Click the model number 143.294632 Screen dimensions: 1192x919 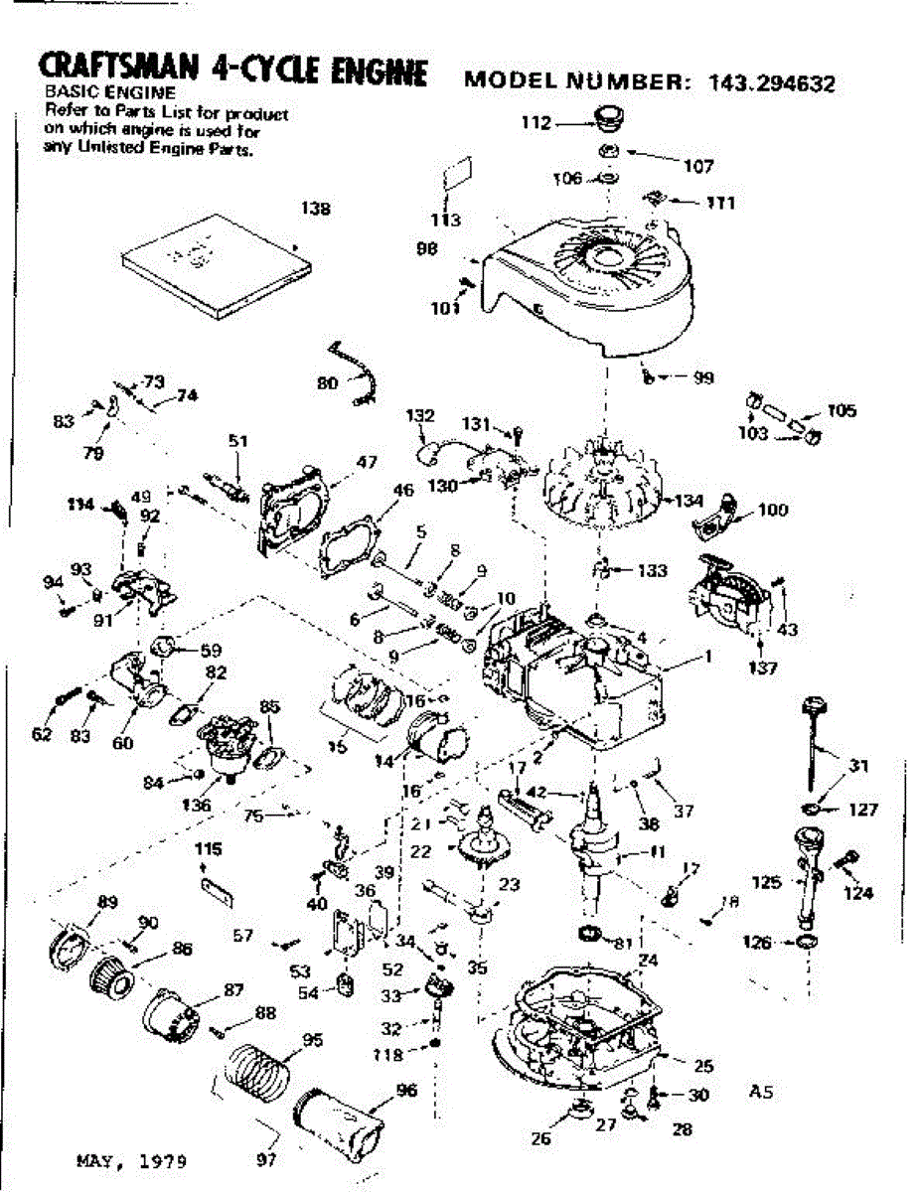pyautogui.click(x=772, y=82)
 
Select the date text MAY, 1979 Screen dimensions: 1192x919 pyautogui.click(x=130, y=1159)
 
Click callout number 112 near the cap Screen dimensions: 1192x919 pyautogui.click(x=536, y=124)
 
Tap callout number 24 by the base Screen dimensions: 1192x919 pyautogui.click(x=647, y=962)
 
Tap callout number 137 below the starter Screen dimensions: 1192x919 pyautogui.click(x=762, y=668)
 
